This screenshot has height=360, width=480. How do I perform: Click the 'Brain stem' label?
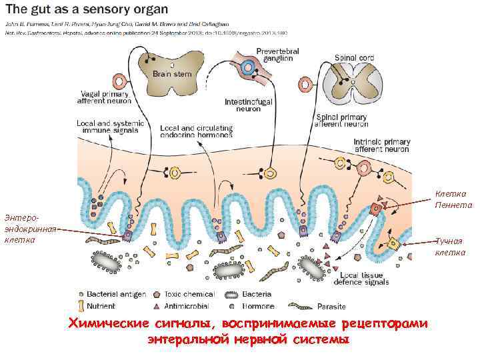click(172, 74)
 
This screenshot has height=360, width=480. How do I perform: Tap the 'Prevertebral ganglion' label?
click(277, 55)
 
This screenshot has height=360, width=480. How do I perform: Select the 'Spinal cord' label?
click(355, 57)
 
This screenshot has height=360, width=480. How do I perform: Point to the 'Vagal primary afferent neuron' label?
click(105, 99)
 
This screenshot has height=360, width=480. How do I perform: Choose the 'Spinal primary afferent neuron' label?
click(342, 120)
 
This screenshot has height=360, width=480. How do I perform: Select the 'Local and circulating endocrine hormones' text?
click(197, 131)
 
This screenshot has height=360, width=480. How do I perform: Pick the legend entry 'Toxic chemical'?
click(188, 294)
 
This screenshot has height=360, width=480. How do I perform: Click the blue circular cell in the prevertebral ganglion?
click(249, 67)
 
